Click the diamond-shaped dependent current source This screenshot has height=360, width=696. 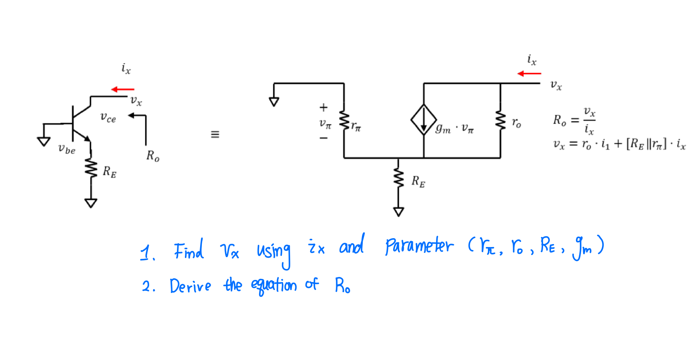click(x=423, y=120)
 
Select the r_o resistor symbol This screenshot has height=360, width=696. click(x=501, y=121)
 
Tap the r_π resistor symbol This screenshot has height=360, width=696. click(x=344, y=121)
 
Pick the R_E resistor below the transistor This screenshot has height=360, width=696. click(x=91, y=169)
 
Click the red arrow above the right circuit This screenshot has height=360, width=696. click(x=529, y=74)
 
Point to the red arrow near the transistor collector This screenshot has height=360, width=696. click(x=123, y=89)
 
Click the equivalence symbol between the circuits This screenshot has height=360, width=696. click(x=215, y=134)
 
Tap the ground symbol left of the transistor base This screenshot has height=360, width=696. click(x=43, y=141)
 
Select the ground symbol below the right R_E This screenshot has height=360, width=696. click(x=398, y=212)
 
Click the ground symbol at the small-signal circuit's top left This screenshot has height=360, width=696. click(x=274, y=102)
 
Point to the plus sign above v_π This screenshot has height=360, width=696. click(x=323, y=107)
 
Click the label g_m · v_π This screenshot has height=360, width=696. click(x=455, y=128)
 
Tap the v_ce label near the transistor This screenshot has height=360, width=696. click(x=108, y=118)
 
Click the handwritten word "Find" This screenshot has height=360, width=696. click(x=189, y=250)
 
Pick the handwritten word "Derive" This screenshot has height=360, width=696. click(x=190, y=286)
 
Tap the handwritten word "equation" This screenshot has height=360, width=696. click(x=274, y=286)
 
